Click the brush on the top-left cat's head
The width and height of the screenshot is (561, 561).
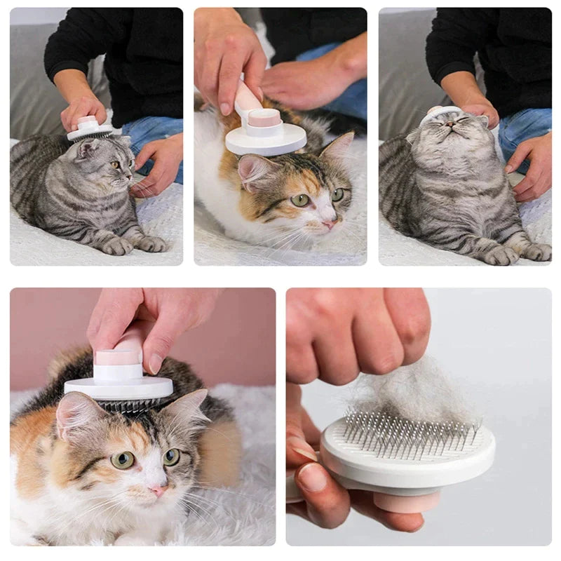(x=89, y=130)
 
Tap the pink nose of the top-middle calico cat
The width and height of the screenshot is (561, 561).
(x=328, y=224)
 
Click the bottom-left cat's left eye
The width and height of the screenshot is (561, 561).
(x=123, y=459)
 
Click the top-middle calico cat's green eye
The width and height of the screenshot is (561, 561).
(x=300, y=200)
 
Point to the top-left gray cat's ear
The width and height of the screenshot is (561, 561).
(x=88, y=148)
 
